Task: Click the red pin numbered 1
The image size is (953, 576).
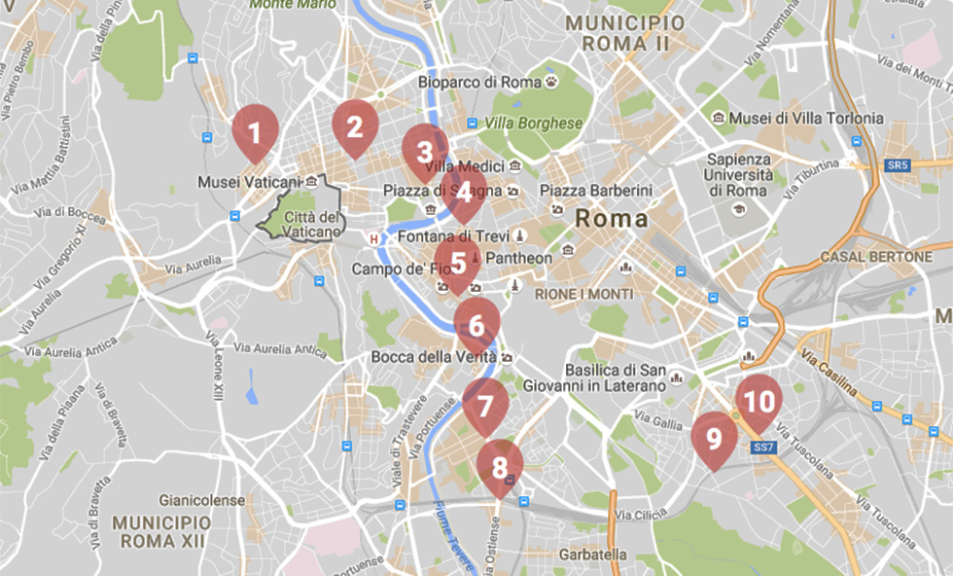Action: (x=255, y=129)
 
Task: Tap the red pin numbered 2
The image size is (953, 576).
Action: (x=355, y=126)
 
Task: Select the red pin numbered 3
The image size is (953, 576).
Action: (x=425, y=152)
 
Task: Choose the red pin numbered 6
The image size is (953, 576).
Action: (x=476, y=325)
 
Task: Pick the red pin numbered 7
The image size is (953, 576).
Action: (x=485, y=403)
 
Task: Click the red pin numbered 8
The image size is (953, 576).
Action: (x=500, y=467)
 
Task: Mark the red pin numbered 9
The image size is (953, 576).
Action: (x=715, y=439)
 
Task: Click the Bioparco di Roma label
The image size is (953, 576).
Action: (x=479, y=83)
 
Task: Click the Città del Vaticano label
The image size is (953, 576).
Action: (x=312, y=224)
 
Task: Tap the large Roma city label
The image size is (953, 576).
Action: (x=612, y=218)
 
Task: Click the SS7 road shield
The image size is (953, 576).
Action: (x=763, y=447)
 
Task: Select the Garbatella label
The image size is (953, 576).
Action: (x=592, y=555)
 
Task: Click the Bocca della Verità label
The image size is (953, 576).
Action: (x=433, y=357)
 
